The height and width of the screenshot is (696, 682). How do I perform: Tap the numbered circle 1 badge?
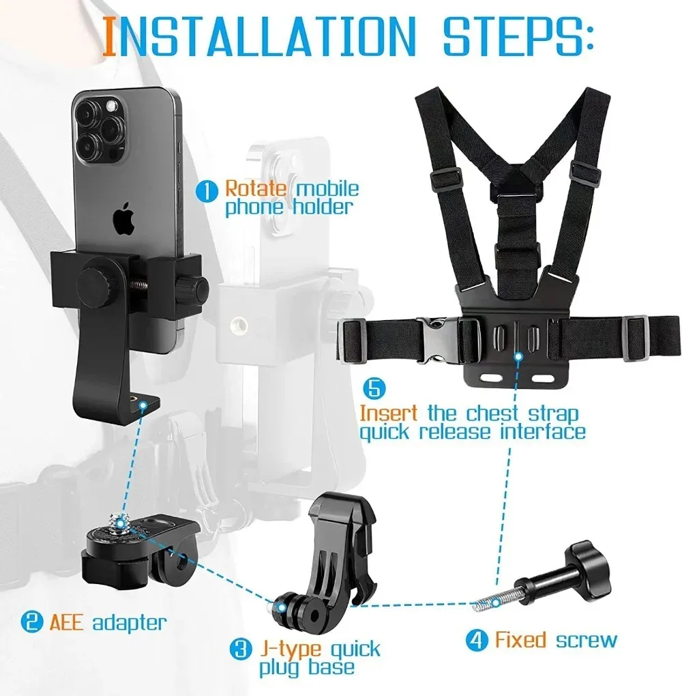click(207, 190)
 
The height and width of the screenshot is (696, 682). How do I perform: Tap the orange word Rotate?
click(256, 188)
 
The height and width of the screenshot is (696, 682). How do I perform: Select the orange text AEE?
click(65, 622)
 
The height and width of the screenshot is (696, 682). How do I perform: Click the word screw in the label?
click(586, 640)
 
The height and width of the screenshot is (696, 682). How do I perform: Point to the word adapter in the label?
click(129, 622)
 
